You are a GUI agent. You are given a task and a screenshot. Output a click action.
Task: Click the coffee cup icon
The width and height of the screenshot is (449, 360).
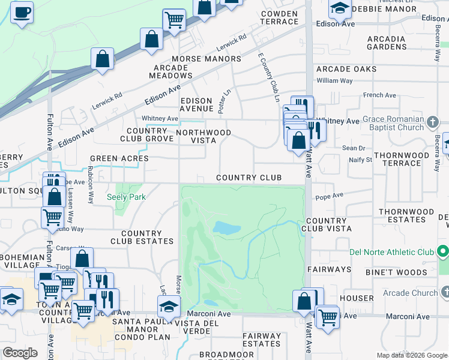pos(22,13)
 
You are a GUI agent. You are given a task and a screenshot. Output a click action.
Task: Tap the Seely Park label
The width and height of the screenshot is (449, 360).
pos(126,197)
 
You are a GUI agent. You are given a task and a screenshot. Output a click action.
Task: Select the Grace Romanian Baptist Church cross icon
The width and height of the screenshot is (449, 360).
pos(432,124)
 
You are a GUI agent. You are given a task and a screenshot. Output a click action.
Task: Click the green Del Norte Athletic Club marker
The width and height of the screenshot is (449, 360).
pos(443,251)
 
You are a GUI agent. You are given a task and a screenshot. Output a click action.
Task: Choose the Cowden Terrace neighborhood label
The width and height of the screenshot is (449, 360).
pos(279,17)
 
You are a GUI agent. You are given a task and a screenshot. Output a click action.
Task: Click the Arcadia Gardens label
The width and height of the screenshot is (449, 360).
pos(387,43)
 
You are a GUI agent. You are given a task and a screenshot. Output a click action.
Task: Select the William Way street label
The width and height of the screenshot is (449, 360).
pos(334,80)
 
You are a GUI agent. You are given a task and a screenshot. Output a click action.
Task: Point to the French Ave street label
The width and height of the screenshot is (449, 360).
pos(379,95)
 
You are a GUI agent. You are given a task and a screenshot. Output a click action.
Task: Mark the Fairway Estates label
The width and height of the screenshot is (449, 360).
pos(261,340)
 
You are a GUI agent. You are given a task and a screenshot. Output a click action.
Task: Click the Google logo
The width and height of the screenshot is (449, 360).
pos(20,353)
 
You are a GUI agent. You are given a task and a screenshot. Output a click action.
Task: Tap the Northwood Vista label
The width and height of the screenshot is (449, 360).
pos(203,136)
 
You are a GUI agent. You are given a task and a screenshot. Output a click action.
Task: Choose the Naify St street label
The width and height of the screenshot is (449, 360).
pos(361,160)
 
